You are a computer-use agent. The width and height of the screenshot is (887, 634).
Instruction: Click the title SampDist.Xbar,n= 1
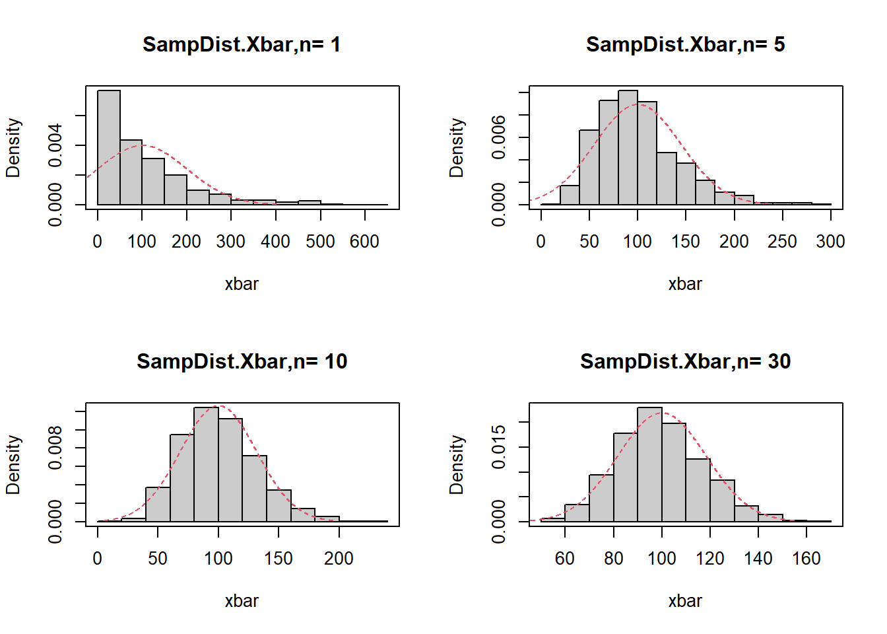pos(242,44)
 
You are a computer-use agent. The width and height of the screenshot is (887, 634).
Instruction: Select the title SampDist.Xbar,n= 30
pos(685,361)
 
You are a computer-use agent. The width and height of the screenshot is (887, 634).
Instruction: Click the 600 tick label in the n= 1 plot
pos(364,242)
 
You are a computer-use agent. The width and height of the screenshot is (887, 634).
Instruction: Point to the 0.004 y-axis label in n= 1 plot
pos(55,145)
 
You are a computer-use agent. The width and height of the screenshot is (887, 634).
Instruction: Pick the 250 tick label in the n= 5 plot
pos(782,242)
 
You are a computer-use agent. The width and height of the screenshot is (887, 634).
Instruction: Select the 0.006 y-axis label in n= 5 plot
pos(499,137)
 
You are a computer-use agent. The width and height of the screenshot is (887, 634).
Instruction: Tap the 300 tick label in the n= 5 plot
pos(830,242)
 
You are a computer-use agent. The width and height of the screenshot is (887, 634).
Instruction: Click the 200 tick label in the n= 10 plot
pos(339,559)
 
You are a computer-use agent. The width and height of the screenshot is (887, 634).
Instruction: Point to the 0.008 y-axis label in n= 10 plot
pos(55,448)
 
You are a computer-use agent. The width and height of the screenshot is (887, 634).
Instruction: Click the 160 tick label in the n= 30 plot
pos(806,559)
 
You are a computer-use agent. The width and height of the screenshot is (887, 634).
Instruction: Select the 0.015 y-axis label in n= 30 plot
pos(499,447)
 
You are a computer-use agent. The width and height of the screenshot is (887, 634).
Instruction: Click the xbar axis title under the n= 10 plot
pos(242,601)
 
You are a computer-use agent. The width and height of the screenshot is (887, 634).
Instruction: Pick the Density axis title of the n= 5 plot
pos(457,148)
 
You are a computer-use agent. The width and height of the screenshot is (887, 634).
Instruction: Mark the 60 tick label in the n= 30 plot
pos(565,559)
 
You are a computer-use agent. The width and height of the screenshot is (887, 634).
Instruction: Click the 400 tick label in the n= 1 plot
pos(275,242)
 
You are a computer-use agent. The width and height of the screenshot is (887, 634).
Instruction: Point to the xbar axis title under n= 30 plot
pos(685,601)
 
